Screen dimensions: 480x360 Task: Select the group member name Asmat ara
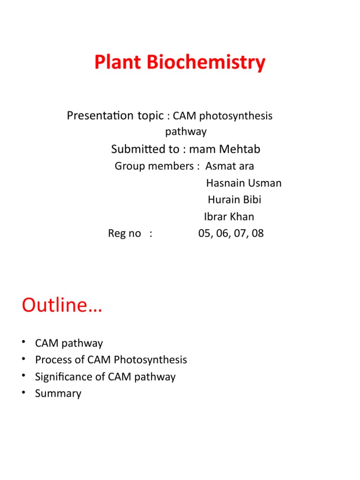230,166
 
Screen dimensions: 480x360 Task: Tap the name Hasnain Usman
244,183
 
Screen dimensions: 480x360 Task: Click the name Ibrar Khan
229,217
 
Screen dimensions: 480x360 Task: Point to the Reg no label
124,233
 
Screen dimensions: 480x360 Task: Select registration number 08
257,233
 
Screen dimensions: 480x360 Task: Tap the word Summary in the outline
58,394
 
